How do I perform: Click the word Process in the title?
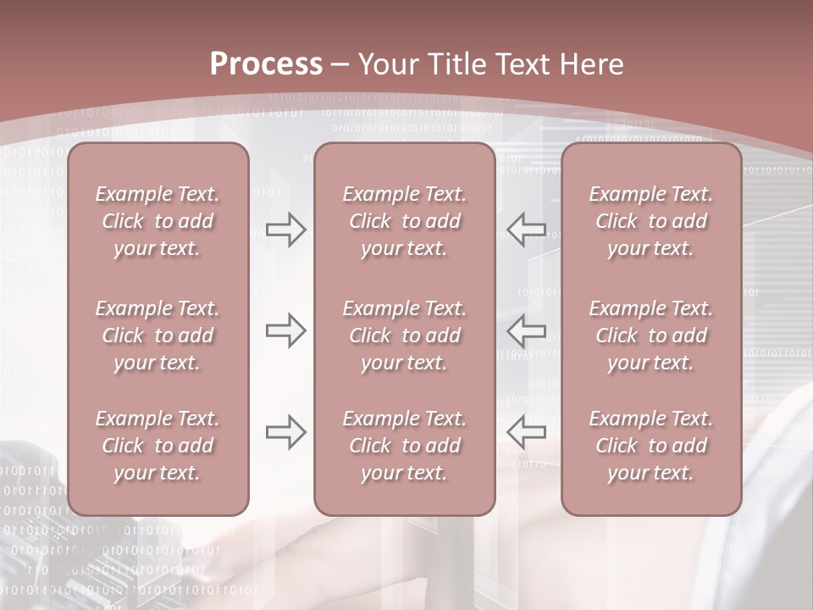(x=266, y=64)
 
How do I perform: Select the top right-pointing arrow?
(x=285, y=230)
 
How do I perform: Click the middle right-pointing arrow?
(x=285, y=330)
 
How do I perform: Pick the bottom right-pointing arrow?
(x=285, y=432)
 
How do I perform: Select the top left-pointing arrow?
(x=527, y=230)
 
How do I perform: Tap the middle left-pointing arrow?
(x=527, y=330)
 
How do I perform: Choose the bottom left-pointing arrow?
(x=527, y=432)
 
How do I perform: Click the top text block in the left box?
(x=158, y=221)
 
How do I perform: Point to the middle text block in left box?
(x=158, y=335)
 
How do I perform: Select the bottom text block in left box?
(x=158, y=446)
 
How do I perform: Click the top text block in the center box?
(x=404, y=221)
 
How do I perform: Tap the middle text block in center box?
(x=404, y=335)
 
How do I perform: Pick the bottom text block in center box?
(x=404, y=446)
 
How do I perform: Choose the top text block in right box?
(x=650, y=221)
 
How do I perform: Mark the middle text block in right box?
(x=650, y=335)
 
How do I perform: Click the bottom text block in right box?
(x=650, y=446)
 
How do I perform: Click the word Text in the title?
(x=523, y=64)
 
